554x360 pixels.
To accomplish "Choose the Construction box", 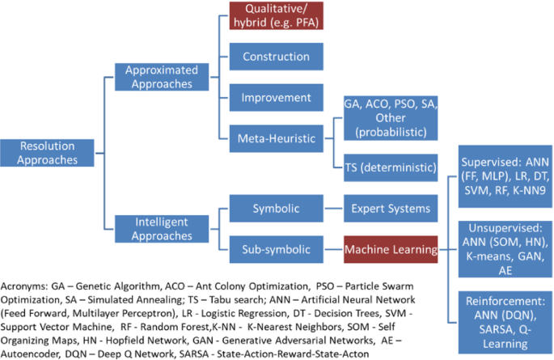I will (x=275, y=57).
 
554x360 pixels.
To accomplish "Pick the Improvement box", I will (x=275, y=97).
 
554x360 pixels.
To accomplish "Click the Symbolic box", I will (x=275, y=208).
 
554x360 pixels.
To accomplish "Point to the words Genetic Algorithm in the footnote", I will (x=112, y=286).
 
